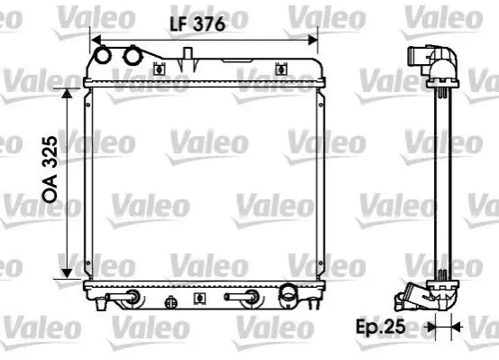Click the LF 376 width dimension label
coord(198,23)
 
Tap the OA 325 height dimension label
coord(51,170)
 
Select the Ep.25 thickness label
coord(381,326)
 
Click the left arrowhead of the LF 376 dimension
coord(96,41)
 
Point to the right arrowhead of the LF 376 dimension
coord(313,40)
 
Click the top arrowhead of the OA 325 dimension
coord(67,94)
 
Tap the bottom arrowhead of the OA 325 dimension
coord(67,273)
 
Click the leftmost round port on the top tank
coord(103,55)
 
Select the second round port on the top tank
coord(133,55)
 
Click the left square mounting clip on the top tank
coord(159,69)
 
